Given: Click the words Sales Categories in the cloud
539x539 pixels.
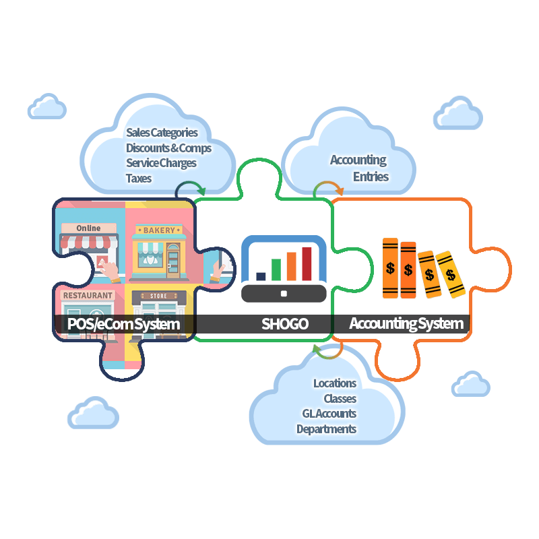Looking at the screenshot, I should pos(162,133).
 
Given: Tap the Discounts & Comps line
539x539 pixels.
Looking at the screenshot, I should pos(168,148).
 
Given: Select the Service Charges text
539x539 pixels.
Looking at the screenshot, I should pos(161,163).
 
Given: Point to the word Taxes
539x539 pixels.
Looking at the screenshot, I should pos(139,179).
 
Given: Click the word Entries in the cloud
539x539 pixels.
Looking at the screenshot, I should pos(371,177).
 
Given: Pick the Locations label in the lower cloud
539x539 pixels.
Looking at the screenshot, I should pos(335,383).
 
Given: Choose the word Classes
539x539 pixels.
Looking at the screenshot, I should pos(340,399).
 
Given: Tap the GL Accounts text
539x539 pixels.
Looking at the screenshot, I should pos(329,414).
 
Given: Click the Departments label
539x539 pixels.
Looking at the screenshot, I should pos(326,429).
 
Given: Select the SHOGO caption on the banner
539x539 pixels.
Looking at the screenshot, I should pos(285,324).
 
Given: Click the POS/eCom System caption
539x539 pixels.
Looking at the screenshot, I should pos(124,324).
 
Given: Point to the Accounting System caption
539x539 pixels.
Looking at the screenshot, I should pos(406,324).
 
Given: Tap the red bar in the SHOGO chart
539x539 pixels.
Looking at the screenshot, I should pos(307,263).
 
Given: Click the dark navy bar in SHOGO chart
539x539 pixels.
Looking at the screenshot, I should pos(261,276).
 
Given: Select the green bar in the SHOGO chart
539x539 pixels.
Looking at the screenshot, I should pos(276,269).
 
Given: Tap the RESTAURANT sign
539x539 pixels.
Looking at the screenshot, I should pos(87,296).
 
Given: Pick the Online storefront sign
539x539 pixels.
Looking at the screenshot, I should pos(88,228).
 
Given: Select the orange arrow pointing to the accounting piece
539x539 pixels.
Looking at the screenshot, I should pos(328,188).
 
